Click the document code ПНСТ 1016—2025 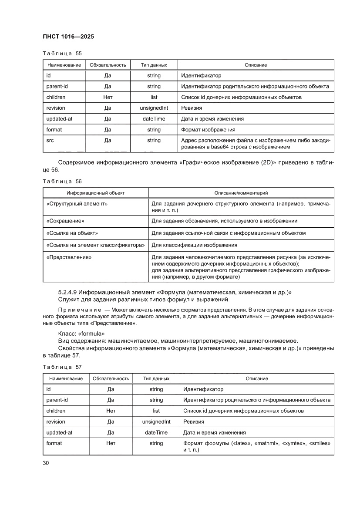(68, 37)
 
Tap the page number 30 (46, 463)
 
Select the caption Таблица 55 (62, 54)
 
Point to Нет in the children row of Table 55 (108, 97)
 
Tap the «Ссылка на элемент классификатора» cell (95, 245)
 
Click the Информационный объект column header (95, 192)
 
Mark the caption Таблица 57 (62, 367)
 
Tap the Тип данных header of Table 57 (156, 378)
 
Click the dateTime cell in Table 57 (156, 432)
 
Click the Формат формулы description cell (256, 446)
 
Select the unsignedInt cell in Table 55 (154, 108)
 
